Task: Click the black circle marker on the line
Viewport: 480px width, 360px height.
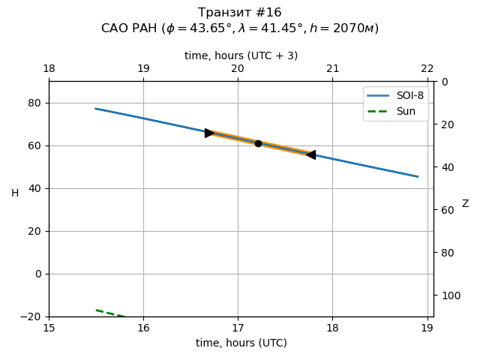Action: click(x=258, y=143)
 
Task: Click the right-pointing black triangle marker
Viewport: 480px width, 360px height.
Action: click(x=210, y=133)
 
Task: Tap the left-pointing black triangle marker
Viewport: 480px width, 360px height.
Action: click(x=310, y=154)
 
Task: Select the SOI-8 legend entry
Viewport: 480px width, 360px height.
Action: click(x=395, y=96)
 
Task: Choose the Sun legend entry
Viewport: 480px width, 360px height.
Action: click(x=395, y=111)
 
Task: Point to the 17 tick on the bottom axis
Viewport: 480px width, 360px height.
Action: click(x=238, y=328)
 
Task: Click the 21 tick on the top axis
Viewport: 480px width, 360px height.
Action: click(x=332, y=69)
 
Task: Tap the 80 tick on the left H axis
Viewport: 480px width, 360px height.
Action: click(x=34, y=103)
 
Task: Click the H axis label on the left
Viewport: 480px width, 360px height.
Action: click(x=15, y=193)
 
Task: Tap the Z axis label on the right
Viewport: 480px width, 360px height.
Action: click(x=465, y=204)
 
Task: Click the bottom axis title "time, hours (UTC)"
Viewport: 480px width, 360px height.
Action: click(x=241, y=343)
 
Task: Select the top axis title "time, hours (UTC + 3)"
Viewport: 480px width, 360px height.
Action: click(x=241, y=55)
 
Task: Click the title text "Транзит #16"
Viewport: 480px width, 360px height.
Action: click(x=240, y=13)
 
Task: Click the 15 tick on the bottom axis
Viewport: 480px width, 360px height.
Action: click(x=49, y=328)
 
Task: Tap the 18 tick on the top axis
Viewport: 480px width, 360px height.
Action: click(x=49, y=69)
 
